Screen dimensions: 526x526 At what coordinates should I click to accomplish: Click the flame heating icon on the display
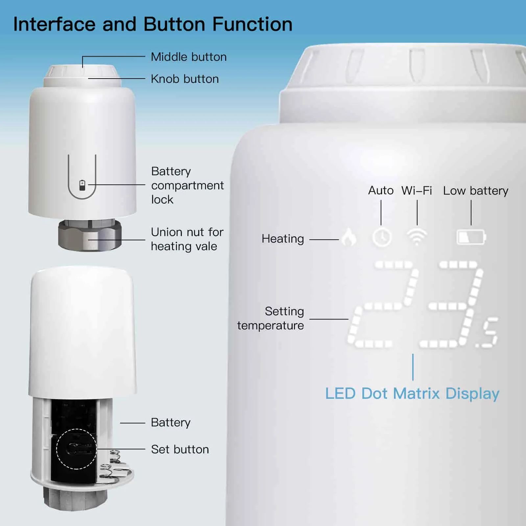pos(349,237)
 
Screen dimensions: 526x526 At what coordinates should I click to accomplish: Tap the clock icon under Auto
pos(382,237)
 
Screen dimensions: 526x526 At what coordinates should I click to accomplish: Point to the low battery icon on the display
pos(471,237)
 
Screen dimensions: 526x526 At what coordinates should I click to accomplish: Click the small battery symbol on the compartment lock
pos(82,185)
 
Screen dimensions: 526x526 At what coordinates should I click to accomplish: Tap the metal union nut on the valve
pos(90,236)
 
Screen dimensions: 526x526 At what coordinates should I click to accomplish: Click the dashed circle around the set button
pos(77,449)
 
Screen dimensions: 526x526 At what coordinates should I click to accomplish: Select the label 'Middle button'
pos(188,57)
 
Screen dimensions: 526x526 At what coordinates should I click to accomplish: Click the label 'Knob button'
pos(184,79)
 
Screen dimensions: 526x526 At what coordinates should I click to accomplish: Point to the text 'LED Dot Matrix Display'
pos(412,394)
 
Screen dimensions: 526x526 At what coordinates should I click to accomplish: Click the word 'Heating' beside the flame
pos(282,239)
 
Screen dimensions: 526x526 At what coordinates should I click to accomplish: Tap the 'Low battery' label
pos(475,191)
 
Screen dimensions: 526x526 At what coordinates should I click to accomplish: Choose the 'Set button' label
pos(180,449)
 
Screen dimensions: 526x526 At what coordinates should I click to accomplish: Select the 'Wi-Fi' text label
pos(417,191)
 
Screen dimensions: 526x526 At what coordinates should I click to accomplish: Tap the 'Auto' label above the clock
pos(381,191)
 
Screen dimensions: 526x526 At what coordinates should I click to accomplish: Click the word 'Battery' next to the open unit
pos(171,422)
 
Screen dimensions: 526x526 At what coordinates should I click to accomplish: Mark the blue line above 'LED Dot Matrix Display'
pos(413,367)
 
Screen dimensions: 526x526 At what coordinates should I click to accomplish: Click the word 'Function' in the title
pos(252,24)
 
